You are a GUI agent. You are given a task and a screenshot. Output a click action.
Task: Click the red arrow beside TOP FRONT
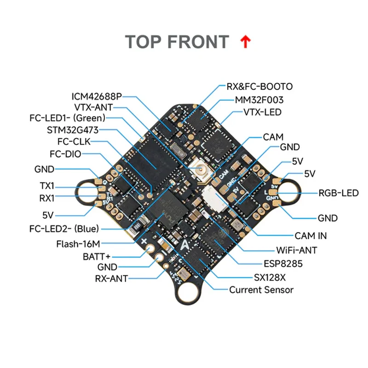click(x=246, y=42)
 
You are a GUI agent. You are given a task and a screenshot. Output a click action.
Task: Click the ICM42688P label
click(x=97, y=97)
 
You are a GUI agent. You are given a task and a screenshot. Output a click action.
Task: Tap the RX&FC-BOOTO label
click(x=259, y=86)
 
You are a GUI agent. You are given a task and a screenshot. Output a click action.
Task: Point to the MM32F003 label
click(x=259, y=99)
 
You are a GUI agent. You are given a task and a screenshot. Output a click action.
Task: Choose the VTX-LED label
click(x=262, y=112)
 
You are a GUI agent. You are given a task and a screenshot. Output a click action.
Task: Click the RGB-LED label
click(x=338, y=193)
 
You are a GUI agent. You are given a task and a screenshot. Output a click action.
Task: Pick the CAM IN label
click(x=311, y=236)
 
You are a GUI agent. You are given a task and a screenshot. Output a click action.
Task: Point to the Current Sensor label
click(x=261, y=290)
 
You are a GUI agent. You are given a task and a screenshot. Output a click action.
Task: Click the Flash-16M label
click(x=78, y=244)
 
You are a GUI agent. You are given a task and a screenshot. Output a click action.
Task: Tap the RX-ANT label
click(x=111, y=278)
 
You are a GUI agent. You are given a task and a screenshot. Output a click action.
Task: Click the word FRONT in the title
click(x=197, y=42)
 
